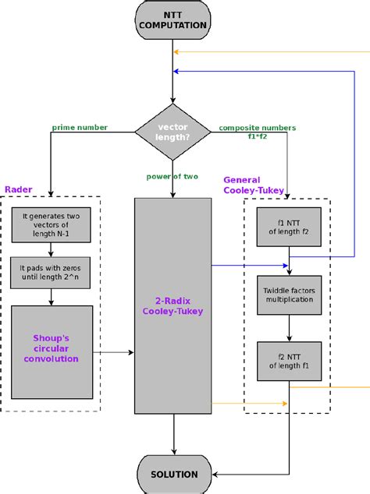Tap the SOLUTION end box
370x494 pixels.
point(173,474)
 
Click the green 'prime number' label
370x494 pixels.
point(80,127)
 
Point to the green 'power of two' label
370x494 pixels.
point(173,176)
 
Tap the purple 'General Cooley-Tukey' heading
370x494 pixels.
point(253,185)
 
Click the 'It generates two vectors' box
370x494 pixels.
point(51,224)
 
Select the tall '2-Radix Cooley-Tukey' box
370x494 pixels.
point(173,305)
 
